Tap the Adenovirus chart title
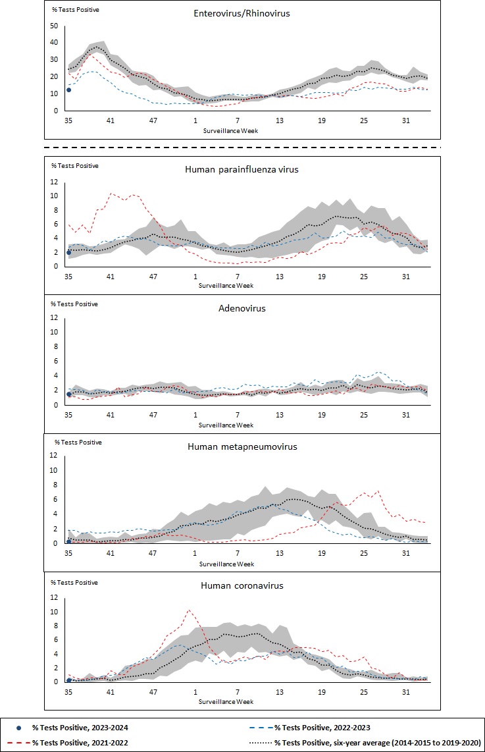pos(243,308)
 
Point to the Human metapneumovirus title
pos(242,446)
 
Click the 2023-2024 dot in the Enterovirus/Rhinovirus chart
pos(68,90)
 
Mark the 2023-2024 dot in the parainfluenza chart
pos(68,252)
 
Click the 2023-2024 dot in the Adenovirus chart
pos(68,394)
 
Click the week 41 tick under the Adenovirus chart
pos(111,415)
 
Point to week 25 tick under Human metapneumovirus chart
pos(364,554)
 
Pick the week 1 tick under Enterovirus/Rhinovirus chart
pos(195,121)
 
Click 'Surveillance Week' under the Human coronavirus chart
pos(226,702)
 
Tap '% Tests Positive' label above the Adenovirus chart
pos(74,304)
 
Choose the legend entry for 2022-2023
pos(323,727)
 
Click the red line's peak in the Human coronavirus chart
pos(190,610)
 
